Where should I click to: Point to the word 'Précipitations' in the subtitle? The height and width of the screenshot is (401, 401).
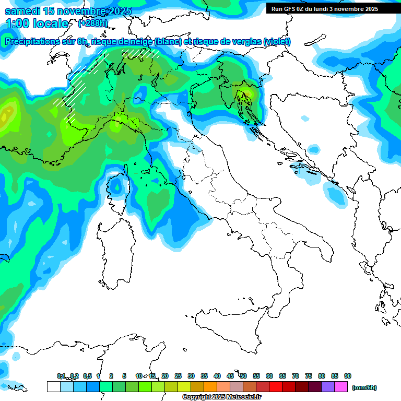tap(31, 42)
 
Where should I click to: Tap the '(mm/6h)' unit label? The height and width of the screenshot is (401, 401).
tap(364, 387)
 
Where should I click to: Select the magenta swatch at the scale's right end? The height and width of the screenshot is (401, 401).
tap(341, 387)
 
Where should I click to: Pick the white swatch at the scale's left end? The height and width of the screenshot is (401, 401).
tap(53, 387)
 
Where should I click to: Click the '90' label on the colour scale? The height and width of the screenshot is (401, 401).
tap(347, 376)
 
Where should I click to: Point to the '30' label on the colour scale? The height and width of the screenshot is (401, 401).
tap(191, 376)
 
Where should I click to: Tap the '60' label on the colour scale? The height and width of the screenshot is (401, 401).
tap(269, 376)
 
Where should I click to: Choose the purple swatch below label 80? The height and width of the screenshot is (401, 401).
tap(328, 387)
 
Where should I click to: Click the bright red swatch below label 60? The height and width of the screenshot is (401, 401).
tap(276, 387)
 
